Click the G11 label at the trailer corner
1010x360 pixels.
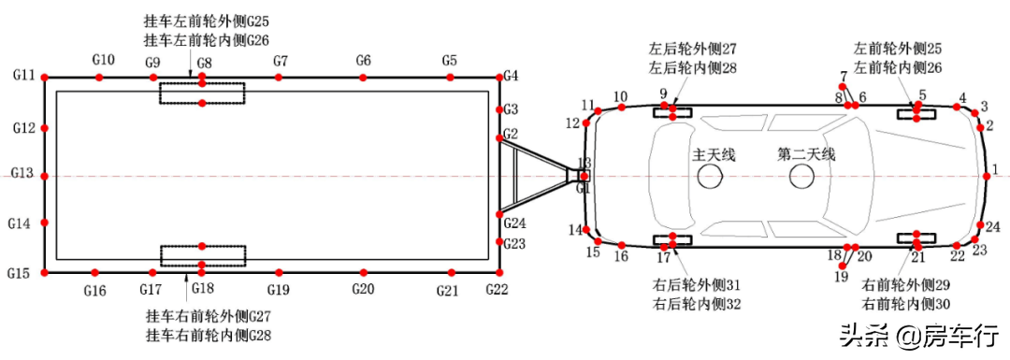coord(23,75)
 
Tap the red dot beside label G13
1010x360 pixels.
coord(45,175)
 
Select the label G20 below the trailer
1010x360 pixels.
coord(364,289)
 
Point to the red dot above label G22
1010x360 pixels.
coord(498,272)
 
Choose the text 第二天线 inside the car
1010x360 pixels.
coord(806,155)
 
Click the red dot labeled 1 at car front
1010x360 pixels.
coord(986,175)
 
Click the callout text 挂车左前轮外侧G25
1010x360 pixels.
coord(206,21)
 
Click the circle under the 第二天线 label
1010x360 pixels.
coord(803,176)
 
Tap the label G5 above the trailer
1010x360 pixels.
coord(449,62)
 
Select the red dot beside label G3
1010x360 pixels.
coord(498,109)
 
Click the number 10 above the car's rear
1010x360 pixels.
coord(620,96)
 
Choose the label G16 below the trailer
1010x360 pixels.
coord(94,290)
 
